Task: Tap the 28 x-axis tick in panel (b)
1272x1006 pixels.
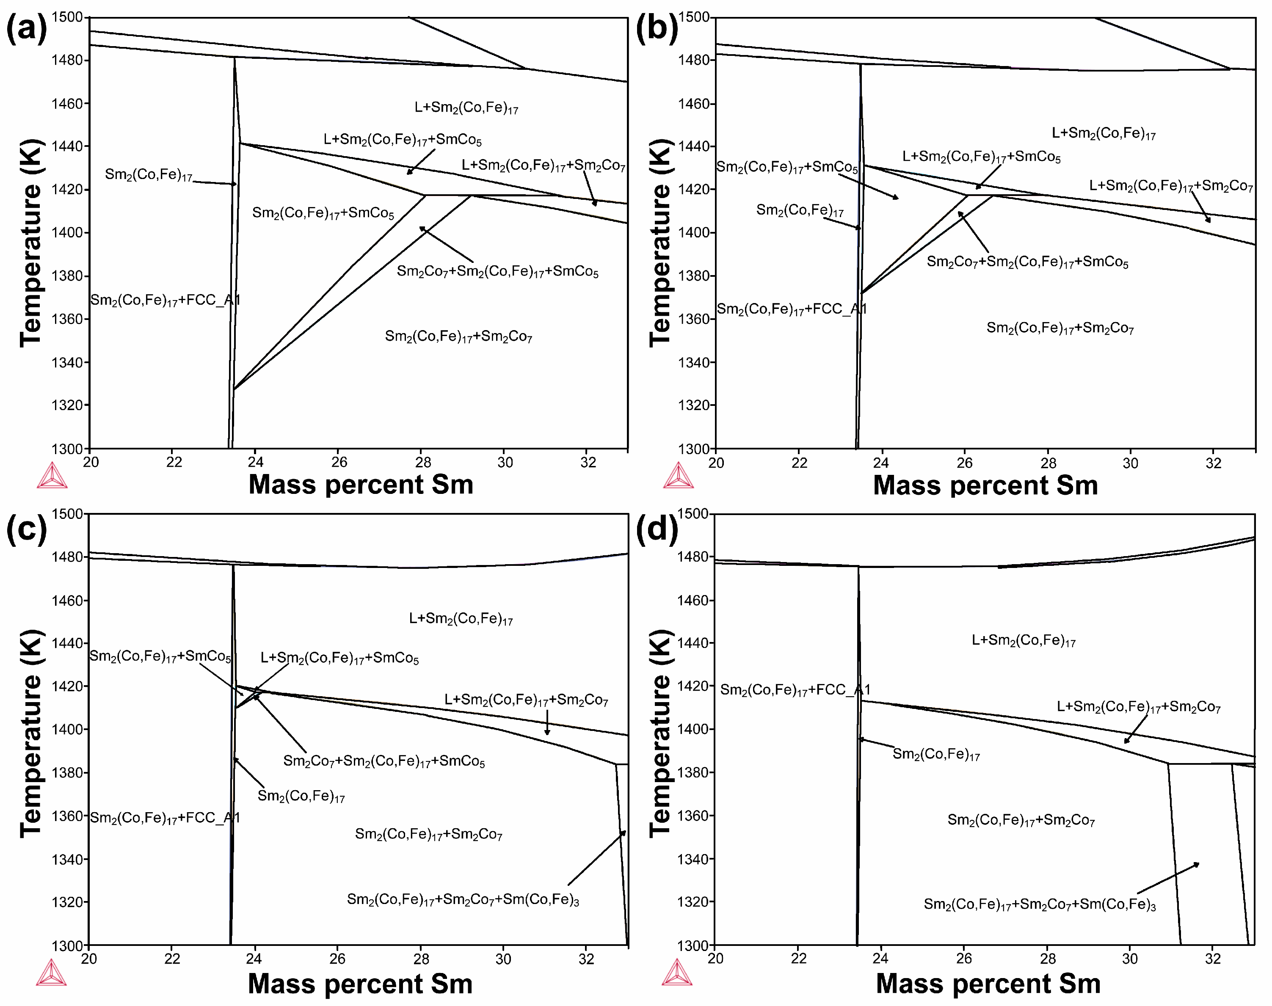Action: pos(1048,463)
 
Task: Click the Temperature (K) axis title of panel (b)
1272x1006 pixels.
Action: pos(660,243)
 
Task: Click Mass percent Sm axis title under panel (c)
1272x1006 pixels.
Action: pos(360,984)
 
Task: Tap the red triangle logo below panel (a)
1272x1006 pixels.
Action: pos(52,476)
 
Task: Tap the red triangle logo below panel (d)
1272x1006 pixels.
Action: pos(676,973)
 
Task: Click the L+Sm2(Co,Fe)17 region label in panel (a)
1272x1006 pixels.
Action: pos(466,107)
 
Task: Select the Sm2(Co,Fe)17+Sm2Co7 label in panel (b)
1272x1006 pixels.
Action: pos(1060,328)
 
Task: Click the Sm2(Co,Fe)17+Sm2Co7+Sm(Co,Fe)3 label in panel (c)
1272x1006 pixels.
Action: pos(463,899)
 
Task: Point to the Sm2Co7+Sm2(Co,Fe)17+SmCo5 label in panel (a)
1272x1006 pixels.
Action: pos(497,272)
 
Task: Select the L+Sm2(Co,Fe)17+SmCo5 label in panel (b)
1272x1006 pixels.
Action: pos(981,157)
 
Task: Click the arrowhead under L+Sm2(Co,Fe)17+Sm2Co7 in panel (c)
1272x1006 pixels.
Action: pos(547,732)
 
